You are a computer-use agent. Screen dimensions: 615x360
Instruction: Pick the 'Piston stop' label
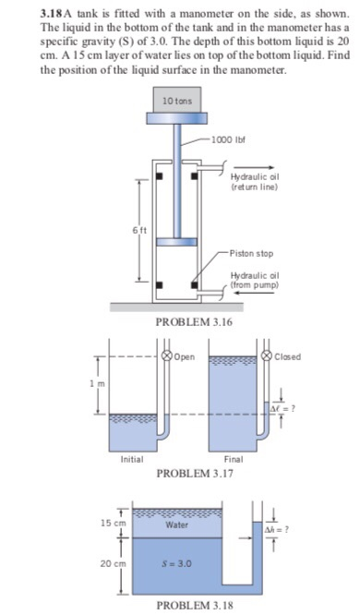(x=250, y=252)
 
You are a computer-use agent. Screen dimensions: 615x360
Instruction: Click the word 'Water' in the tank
(x=176, y=525)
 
